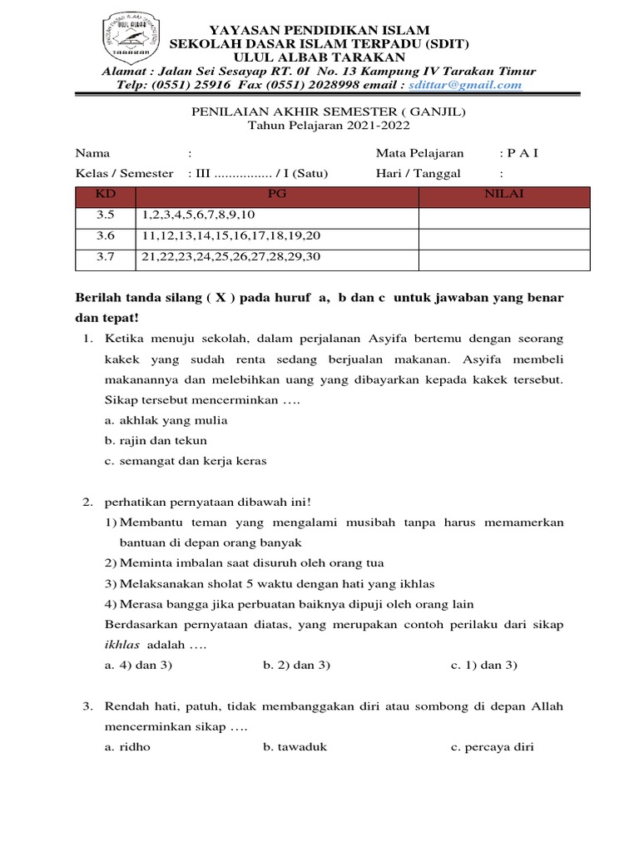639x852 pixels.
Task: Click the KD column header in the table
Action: click(106, 196)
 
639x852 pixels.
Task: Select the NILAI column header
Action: click(504, 196)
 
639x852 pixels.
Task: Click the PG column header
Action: click(277, 196)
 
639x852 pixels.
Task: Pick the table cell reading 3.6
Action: click(106, 236)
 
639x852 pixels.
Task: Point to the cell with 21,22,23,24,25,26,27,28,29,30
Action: click(231, 257)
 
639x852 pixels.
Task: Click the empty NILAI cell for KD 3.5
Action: click(504, 216)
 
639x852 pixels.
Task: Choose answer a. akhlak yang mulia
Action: click(166, 420)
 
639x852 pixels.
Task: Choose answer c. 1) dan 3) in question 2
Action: click(484, 665)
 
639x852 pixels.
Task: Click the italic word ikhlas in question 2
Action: click(122, 645)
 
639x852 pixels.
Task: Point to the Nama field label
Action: click(92, 153)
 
